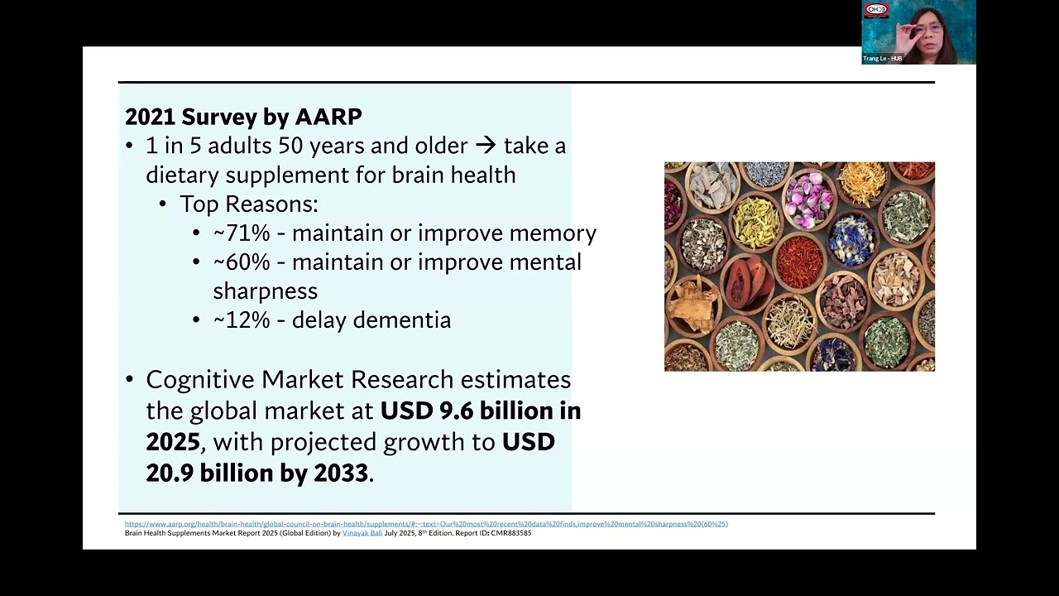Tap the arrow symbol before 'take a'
(x=486, y=146)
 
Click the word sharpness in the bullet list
(x=265, y=291)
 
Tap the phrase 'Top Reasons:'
(x=248, y=204)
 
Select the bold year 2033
(x=340, y=473)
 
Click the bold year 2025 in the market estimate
(x=173, y=442)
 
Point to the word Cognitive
(x=200, y=380)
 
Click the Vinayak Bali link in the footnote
(x=362, y=533)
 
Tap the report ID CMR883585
(x=510, y=533)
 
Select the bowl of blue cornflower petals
(x=851, y=238)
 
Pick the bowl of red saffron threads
(x=798, y=263)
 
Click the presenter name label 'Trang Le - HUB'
(x=882, y=59)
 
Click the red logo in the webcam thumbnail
(x=875, y=11)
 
